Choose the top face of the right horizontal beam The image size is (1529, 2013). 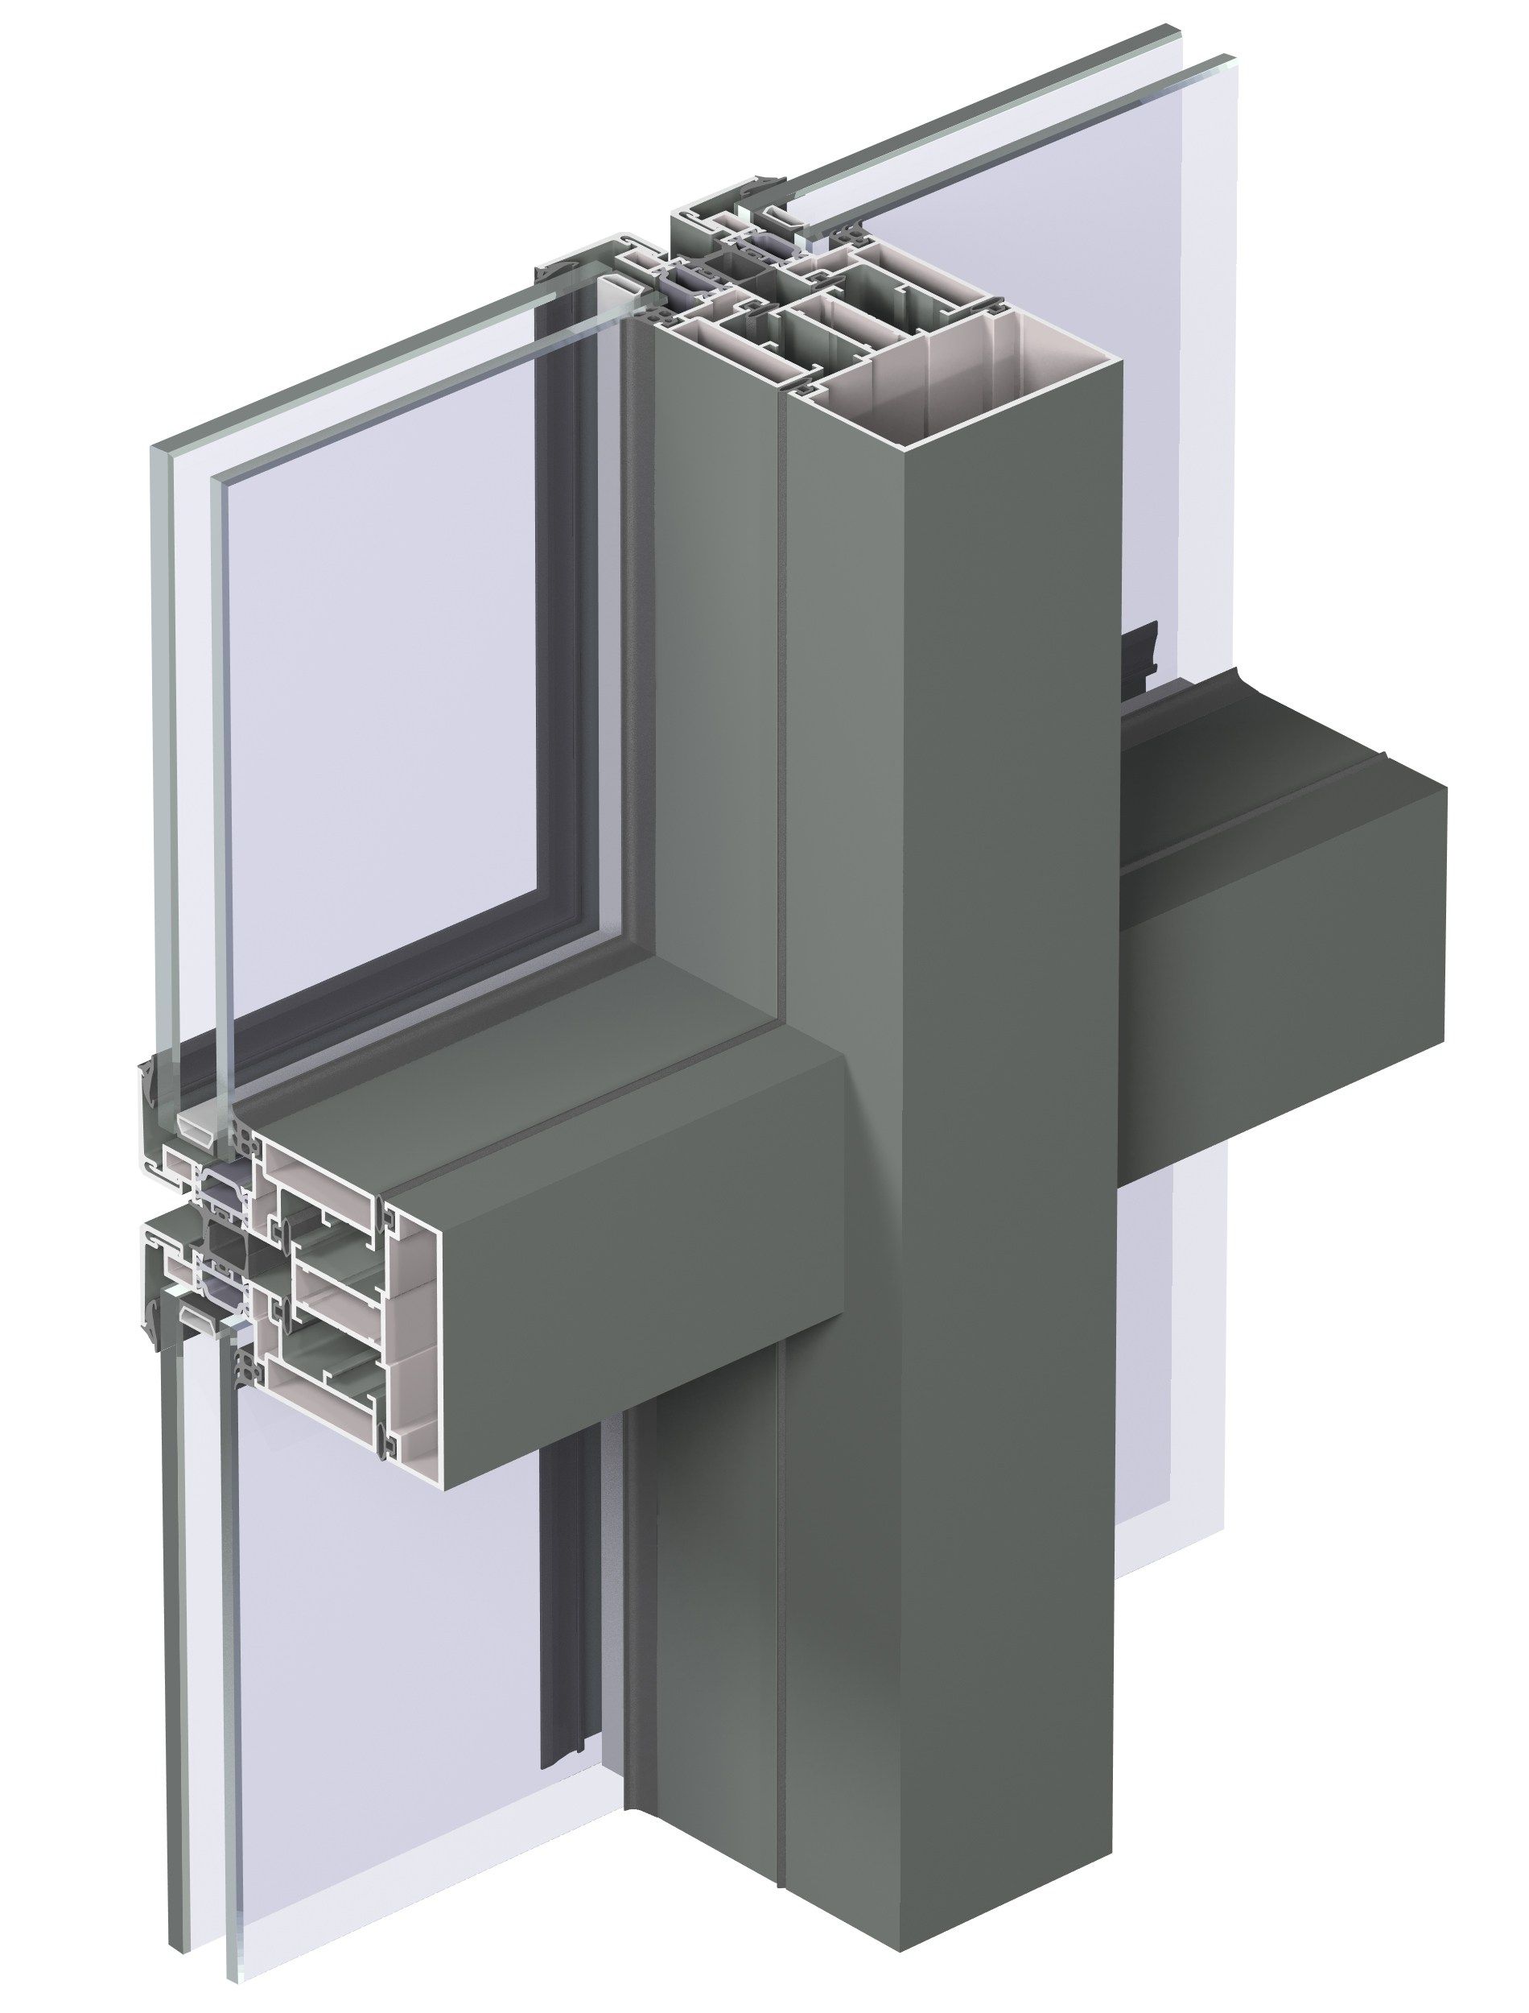coord(1274,755)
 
